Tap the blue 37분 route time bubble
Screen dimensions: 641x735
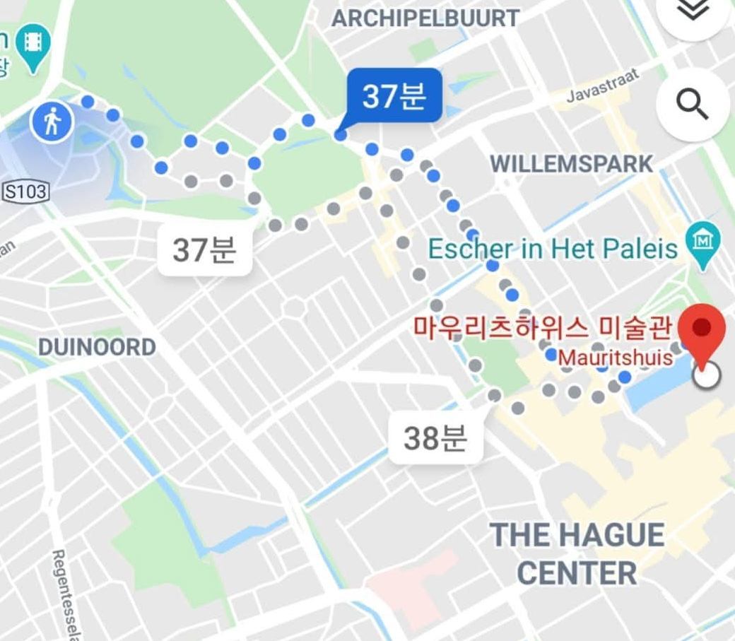[393, 95]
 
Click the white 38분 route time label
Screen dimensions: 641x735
[435, 438]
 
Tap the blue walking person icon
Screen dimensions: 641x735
[52, 123]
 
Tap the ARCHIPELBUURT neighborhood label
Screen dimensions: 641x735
[425, 18]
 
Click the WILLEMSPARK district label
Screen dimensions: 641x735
[572, 164]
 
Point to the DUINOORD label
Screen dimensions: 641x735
[97, 347]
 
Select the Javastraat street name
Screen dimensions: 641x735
[603, 87]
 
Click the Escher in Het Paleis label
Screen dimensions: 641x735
[553, 248]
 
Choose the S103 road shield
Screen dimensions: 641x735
[26, 191]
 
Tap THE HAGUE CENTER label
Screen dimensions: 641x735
[577, 553]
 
